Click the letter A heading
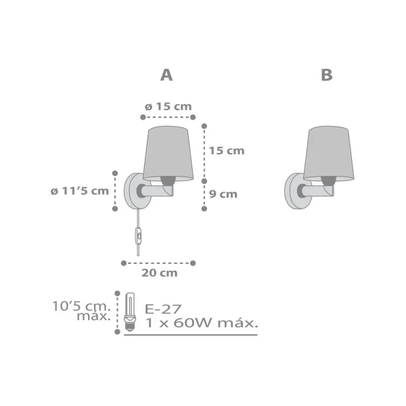(x=166, y=75)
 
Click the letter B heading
(x=327, y=75)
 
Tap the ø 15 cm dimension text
(x=168, y=106)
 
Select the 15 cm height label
(x=226, y=151)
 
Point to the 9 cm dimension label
(x=223, y=194)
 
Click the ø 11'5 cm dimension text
(x=79, y=190)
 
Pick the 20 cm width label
(x=160, y=273)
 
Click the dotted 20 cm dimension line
(x=158, y=262)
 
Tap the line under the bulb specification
(x=191, y=334)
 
